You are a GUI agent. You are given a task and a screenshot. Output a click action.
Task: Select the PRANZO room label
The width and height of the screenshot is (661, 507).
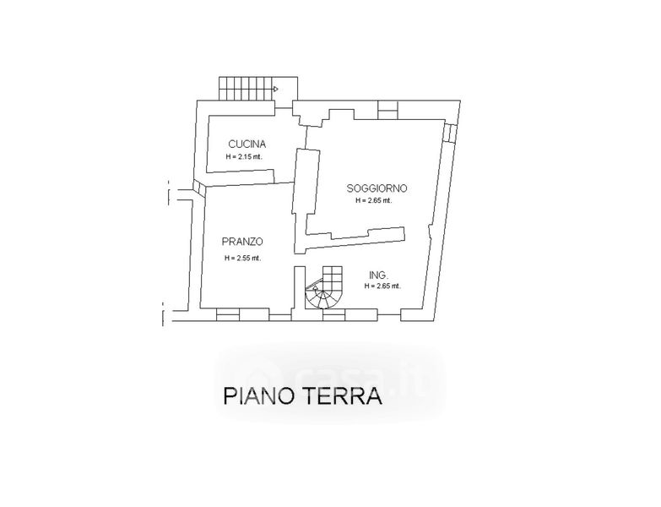[242, 241]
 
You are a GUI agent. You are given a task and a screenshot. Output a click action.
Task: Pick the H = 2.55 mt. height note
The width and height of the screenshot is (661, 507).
[242, 258]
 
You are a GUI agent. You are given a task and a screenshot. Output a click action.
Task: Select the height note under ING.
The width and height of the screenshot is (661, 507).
[382, 286]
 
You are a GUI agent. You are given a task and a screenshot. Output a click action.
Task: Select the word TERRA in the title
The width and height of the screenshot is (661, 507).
[347, 395]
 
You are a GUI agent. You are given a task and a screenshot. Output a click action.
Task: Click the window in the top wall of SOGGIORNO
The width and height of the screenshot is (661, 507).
[388, 108]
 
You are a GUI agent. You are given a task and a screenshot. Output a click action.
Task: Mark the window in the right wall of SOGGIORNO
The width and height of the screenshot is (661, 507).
[451, 133]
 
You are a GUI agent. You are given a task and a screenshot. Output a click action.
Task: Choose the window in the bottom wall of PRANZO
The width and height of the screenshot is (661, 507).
[229, 315]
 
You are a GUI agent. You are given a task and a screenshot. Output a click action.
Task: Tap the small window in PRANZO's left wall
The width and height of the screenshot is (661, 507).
[197, 188]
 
